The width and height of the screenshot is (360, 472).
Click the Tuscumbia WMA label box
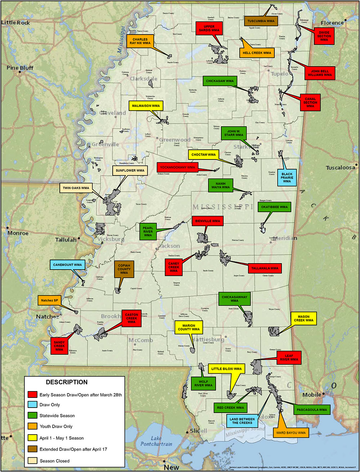(x=261, y=21)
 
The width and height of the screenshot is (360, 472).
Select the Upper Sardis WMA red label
(x=209, y=28)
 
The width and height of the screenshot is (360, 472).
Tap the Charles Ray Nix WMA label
(x=140, y=41)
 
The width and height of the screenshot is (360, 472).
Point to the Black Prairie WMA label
(x=287, y=177)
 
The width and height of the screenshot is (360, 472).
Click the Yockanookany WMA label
(x=177, y=167)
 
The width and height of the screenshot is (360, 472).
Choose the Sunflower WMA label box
(x=130, y=170)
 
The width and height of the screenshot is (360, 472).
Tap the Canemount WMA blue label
(x=68, y=265)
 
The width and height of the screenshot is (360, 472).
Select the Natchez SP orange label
(x=49, y=300)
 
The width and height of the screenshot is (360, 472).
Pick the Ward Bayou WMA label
(x=291, y=433)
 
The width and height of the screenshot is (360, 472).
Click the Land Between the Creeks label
(x=242, y=421)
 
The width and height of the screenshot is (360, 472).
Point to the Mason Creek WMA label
(x=304, y=319)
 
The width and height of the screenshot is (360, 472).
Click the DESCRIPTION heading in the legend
(x=67, y=382)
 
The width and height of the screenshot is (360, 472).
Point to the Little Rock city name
(x=16, y=23)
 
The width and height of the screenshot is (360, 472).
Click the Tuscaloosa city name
(x=341, y=168)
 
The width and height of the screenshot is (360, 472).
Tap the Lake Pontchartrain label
(x=156, y=441)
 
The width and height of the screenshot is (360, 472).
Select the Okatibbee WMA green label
(x=274, y=207)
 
